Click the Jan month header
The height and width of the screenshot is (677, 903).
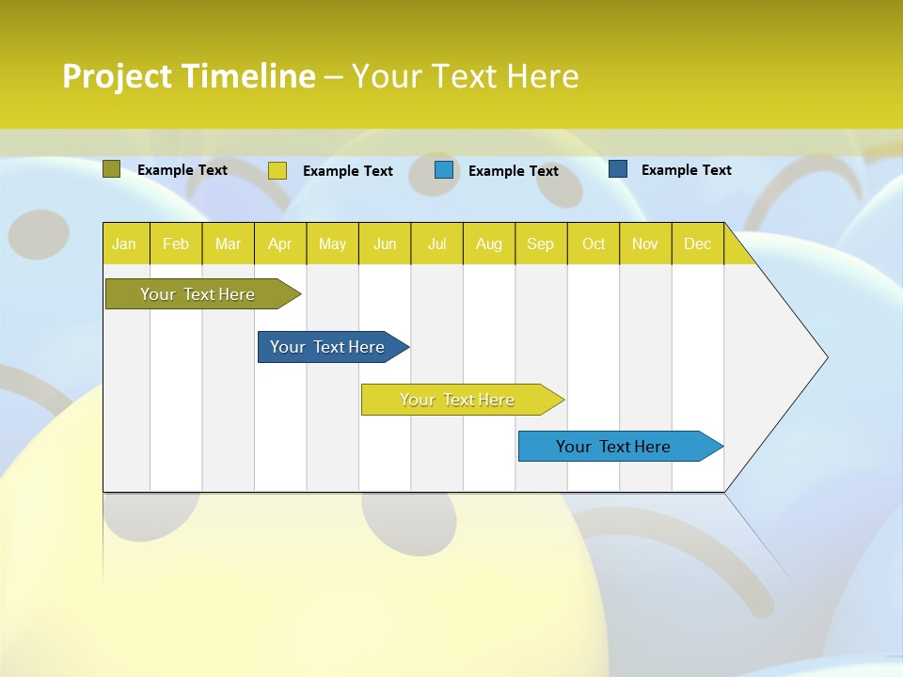125,244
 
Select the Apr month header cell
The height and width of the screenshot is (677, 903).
279,244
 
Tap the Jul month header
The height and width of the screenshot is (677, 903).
436,244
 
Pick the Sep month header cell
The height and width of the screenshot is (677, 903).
540,244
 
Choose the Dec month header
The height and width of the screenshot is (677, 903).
697,244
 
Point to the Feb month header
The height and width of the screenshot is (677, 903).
176,244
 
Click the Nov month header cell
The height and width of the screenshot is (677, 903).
645,244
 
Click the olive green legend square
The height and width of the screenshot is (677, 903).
112,169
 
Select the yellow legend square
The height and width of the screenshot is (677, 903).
277,170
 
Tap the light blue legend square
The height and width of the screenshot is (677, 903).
444,170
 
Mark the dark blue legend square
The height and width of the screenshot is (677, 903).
618,169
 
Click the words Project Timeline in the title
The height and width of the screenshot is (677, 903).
189,76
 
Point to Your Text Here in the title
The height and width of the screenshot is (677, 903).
466,76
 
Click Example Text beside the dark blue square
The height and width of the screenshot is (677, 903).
686,170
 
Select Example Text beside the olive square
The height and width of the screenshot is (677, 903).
182,170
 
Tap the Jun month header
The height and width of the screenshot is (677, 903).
385,244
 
